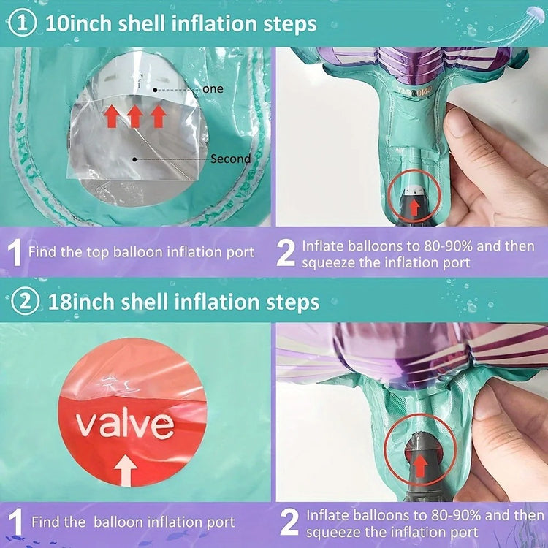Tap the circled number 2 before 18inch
[25, 302]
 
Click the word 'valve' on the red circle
[125, 425]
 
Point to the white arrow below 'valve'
[125, 472]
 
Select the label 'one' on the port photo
[213, 89]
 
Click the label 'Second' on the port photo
[231, 159]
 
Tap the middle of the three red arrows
[135, 116]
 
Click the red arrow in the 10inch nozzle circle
[414, 208]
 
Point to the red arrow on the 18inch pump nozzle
[421, 465]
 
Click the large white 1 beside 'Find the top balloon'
[15, 252]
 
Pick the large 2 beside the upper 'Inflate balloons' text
[286, 253]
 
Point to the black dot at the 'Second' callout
[134, 159]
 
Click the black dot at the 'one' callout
[155, 90]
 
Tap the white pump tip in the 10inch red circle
[414, 191]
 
